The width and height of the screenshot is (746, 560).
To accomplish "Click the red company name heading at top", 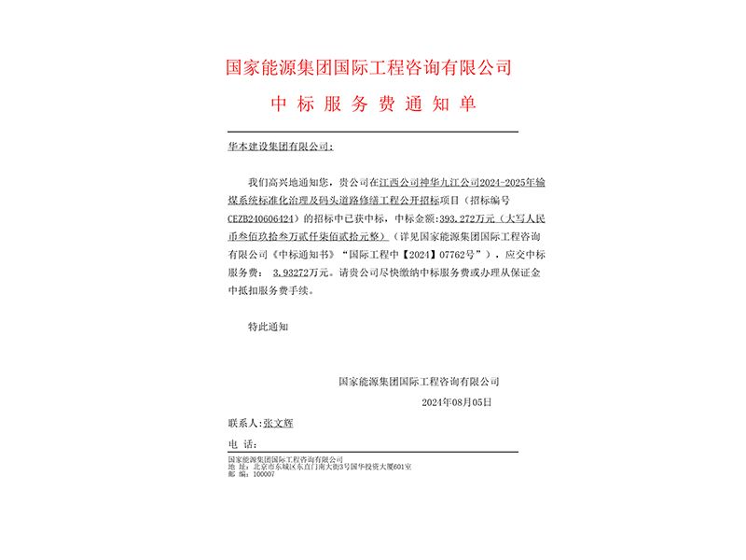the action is [x=370, y=67].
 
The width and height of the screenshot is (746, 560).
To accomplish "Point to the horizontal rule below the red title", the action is [x=372, y=132].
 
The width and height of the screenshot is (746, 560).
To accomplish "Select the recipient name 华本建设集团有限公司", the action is [x=279, y=147].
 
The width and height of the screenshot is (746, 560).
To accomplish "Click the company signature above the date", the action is [x=419, y=382].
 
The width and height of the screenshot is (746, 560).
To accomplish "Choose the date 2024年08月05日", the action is [x=456, y=402].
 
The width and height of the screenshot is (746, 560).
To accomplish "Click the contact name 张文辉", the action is [x=279, y=423].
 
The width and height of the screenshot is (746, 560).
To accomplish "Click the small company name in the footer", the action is [x=285, y=460].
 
